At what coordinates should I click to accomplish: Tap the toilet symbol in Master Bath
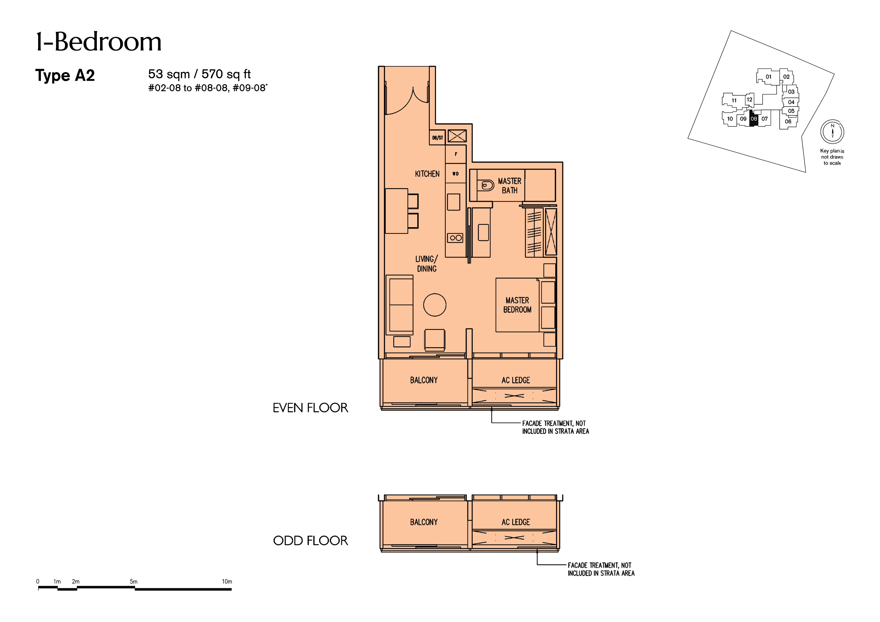point(486,186)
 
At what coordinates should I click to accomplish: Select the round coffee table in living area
point(435,305)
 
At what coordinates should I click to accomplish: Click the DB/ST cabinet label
point(437,138)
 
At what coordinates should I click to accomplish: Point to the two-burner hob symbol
point(455,238)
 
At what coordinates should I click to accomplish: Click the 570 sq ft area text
point(226,74)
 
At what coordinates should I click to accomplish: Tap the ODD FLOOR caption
point(311,541)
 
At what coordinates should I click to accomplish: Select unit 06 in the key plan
point(788,121)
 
